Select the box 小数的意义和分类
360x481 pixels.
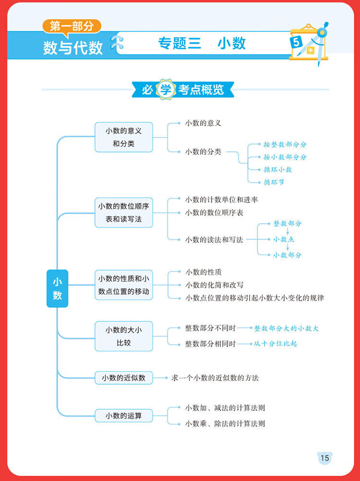pos(124,137)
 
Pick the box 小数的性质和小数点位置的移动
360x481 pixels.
pos(124,285)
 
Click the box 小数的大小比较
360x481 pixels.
pos(124,336)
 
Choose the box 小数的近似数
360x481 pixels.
pos(124,378)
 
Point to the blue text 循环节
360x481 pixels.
pos(274,182)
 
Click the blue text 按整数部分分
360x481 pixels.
pos(285,144)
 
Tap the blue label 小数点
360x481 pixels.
pos(284,239)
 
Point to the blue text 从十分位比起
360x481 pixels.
pos(276,344)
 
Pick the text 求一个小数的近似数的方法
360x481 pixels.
pos(215,378)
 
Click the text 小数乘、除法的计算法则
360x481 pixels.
pos(225,424)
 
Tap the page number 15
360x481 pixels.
pos(325,458)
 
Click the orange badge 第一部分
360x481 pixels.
pos(72,26)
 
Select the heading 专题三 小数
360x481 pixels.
pos(202,44)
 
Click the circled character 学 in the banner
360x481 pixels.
pos(166,89)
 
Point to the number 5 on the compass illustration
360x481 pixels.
pos(296,42)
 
